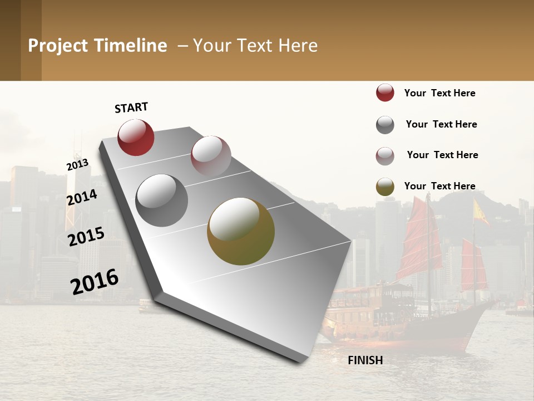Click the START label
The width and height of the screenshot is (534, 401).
(x=131, y=107)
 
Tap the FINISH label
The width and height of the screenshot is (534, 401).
(x=365, y=360)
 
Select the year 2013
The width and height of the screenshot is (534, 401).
(x=77, y=164)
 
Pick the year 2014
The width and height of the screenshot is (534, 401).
(x=82, y=197)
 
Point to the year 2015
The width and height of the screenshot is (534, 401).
(x=86, y=236)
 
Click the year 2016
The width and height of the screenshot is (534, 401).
(x=95, y=281)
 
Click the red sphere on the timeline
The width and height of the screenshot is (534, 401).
(x=136, y=137)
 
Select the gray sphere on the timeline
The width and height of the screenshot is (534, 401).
(x=161, y=200)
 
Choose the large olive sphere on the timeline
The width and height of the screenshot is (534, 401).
(x=241, y=231)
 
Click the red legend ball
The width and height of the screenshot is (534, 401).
(x=385, y=92)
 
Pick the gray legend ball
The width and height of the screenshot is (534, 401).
(x=385, y=125)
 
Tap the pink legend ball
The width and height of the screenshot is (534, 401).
(x=385, y=156)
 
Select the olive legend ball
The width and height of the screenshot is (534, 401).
(x=385, y=187)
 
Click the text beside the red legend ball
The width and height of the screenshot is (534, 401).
(x=439, y=93)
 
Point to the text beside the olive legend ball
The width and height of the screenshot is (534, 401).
(x=439, y=186)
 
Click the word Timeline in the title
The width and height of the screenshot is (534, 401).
(x=131, y=46)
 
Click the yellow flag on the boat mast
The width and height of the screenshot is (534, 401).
(x=480, y=212)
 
